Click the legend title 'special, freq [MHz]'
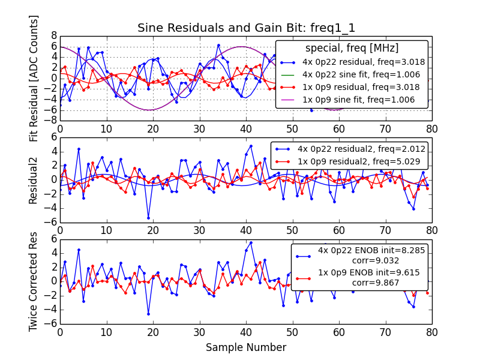tap(352, 48)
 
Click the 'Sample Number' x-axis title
tap(246, 347)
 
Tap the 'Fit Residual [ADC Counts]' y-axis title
tap(34, 78)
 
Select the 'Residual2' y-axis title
tap(34, 179)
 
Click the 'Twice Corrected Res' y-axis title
tap(34, 281)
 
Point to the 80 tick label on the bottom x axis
tap(431, 332)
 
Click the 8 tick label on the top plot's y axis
tap(53, 35)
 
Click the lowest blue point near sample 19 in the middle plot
tap(148, 218)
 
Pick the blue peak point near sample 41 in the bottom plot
tap(251, 242)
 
